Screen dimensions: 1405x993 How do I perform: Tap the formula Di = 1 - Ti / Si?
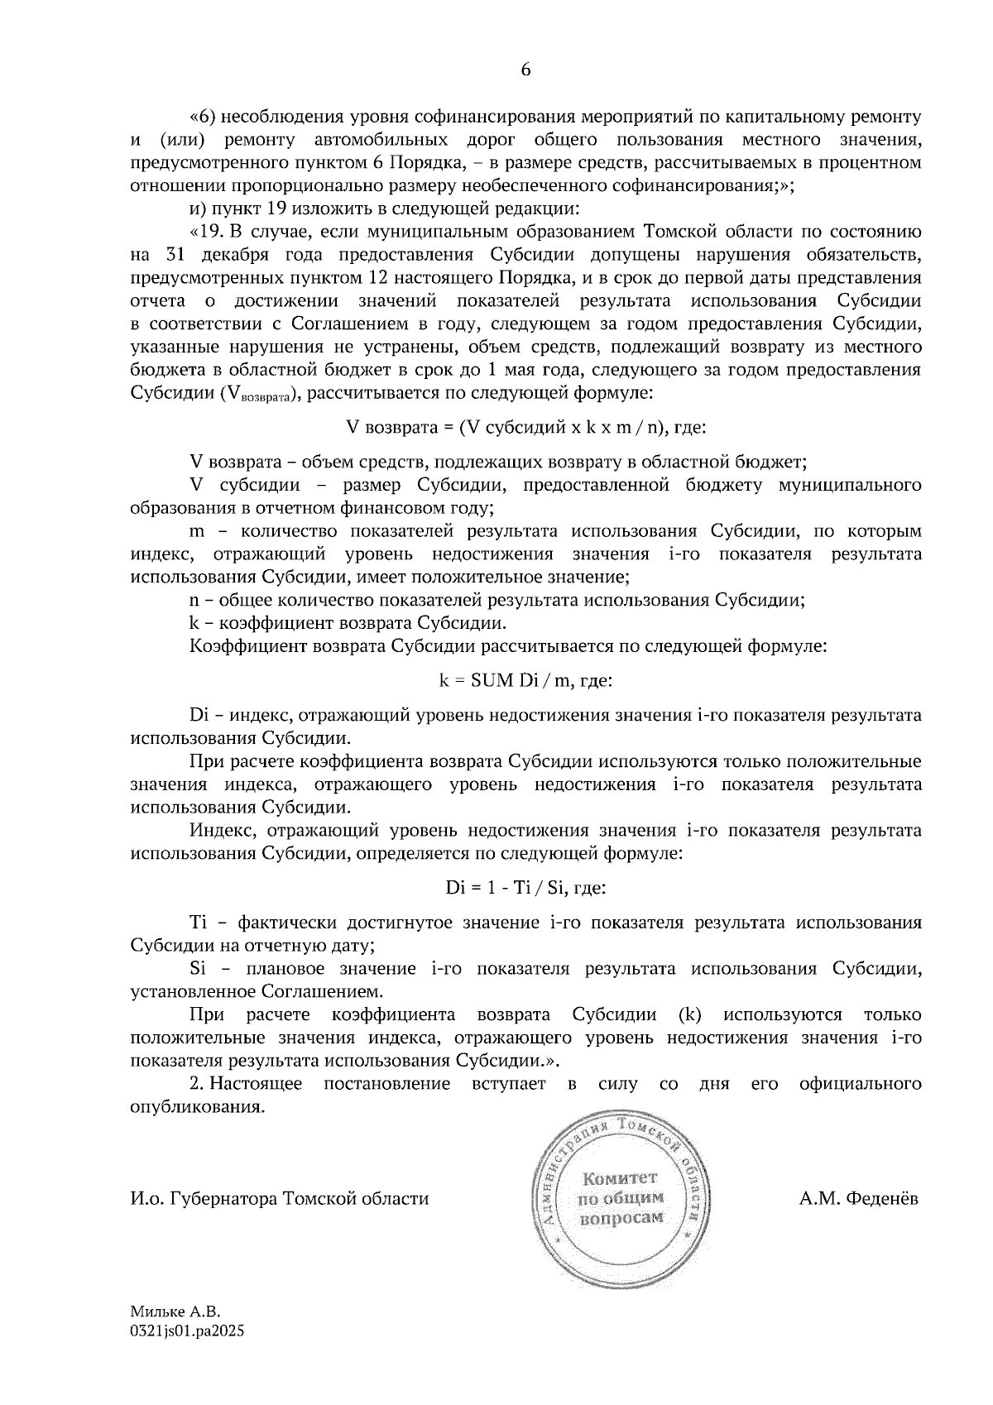coord(525,888)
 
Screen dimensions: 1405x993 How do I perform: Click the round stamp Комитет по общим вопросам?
coord(621,1198)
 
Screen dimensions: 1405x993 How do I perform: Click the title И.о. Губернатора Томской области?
coord(280,1198)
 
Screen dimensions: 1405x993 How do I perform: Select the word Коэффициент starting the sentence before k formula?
coord(239,645)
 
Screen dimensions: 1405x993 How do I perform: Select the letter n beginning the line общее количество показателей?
coord(194,601)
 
